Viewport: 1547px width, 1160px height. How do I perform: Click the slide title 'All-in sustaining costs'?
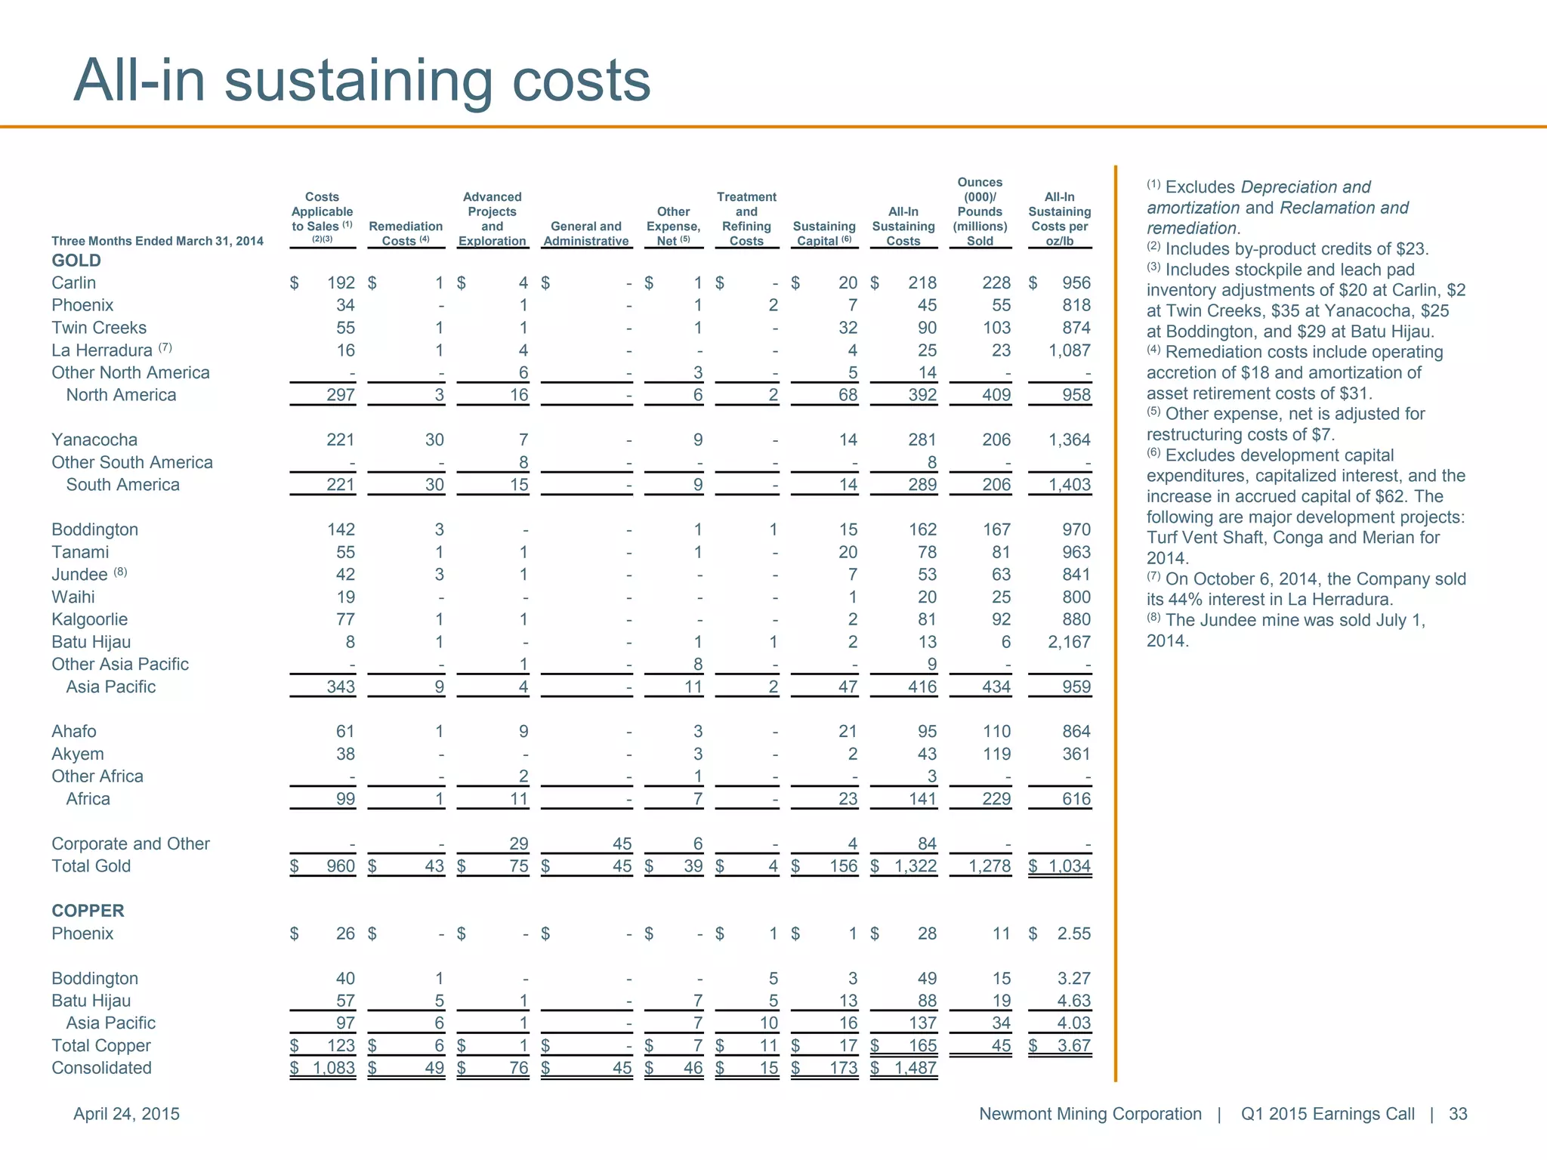point(362,80)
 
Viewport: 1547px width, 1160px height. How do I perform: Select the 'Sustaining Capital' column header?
point(824,233)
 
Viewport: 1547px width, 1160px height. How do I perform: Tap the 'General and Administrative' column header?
point(586,233)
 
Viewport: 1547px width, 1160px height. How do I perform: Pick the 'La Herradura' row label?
point(102,350)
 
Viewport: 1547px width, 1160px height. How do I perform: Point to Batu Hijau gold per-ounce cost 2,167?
point(1069,642)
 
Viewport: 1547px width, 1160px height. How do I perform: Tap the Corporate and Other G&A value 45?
point(622,844)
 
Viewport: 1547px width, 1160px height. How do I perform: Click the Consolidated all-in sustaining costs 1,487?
point(915,1068)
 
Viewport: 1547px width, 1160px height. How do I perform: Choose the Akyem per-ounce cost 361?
point(1076,754)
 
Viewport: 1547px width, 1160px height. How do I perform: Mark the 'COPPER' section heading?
point(88,911)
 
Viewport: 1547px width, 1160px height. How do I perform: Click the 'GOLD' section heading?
point(76,261)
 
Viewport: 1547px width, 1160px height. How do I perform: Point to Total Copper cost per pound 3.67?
point(1073,1045)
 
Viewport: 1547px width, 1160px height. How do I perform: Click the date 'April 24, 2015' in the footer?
point(126,1114)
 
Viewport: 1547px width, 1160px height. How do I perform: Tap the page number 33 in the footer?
point(1458,1114)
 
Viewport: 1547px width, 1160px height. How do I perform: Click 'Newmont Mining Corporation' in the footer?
point(1090,1114)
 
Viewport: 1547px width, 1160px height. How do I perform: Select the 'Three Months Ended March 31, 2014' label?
point(157,241)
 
